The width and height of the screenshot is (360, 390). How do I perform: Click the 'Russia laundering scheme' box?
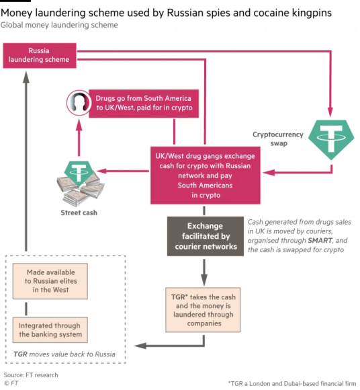[x=40, y=55]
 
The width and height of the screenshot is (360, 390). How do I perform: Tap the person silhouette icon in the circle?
[x=79, y=103]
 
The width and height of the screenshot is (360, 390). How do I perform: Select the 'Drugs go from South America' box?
[x=144, y=104]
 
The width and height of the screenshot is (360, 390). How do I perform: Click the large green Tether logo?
[x=331, y=140]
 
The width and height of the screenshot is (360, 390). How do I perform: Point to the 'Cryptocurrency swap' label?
[x=278, y=139]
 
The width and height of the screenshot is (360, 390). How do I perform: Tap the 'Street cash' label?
[x=79, y=212]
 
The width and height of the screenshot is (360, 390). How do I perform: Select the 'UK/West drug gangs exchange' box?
[x=206, y=175]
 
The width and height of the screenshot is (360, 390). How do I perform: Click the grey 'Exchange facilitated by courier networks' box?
[x=206, y=236]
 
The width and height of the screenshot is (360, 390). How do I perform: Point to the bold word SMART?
[x=320, y=241]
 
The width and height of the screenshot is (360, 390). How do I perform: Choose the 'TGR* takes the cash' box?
[x=204, y=310]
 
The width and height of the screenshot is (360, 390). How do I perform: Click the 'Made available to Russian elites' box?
[x=50, y=281]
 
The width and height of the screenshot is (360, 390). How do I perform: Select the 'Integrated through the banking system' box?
[x=50, y=329]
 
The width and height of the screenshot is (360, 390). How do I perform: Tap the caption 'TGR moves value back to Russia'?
[x=64, y=354]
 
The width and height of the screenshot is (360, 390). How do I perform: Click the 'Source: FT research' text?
[x=31, y=375]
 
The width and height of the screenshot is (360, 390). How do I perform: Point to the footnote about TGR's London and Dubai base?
[x=292, y=383]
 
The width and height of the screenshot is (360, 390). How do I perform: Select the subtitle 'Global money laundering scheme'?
[x=59, y=25]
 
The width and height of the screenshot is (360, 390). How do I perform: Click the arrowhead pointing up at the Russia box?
[x=26, y=77]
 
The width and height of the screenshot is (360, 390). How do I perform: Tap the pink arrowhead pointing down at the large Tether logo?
[x=330, y=112]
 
